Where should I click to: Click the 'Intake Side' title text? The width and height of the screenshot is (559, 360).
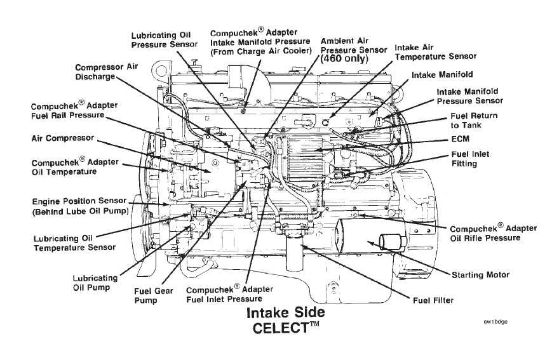[x=286, y=312]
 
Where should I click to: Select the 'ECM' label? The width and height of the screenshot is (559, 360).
[x=461, y=138]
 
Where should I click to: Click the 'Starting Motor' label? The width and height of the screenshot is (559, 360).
[x=481, y=275]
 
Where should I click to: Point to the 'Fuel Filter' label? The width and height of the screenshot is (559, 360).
[x=433, y=300]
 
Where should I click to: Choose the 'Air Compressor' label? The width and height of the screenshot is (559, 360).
[x=63, y=138]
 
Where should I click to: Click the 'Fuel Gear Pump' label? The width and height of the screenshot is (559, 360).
[x=154, y=295]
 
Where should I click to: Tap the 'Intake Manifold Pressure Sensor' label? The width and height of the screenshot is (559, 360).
[x=470, y=97]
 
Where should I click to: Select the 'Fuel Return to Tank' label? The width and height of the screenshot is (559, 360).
[x=474, y=121]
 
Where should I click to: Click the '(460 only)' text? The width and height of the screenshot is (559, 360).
[x=344, y=59]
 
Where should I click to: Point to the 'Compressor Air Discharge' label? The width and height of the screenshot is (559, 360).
[x=106, y=72]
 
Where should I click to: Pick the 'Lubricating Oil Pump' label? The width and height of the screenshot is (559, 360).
[x=95, y=283]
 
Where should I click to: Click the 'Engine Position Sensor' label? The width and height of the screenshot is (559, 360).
[x=79, y=201]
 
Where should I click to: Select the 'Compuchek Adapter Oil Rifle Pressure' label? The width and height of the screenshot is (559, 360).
[x=494, y=233]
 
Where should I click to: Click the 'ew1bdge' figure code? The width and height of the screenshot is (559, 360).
[x=495, y=322]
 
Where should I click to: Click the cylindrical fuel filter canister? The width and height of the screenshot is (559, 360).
[x=295, y=252]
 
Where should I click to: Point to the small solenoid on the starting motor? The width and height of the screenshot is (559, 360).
[x=392, y=243]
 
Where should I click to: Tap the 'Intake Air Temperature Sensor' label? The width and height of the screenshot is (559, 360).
[x=435, y=52]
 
